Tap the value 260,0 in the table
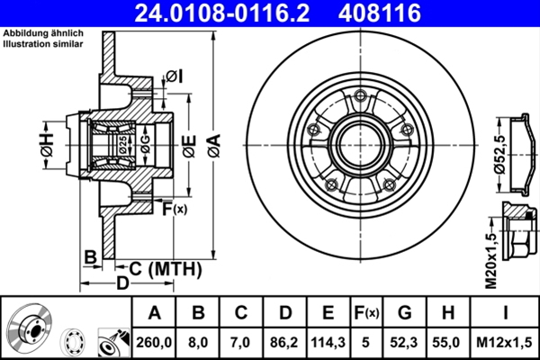pos(154,341)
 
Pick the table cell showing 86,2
pos(283,341)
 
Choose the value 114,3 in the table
pos(327,341)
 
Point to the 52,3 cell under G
pos(404,341)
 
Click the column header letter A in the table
pos(154,312)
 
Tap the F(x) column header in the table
pos(365,312)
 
